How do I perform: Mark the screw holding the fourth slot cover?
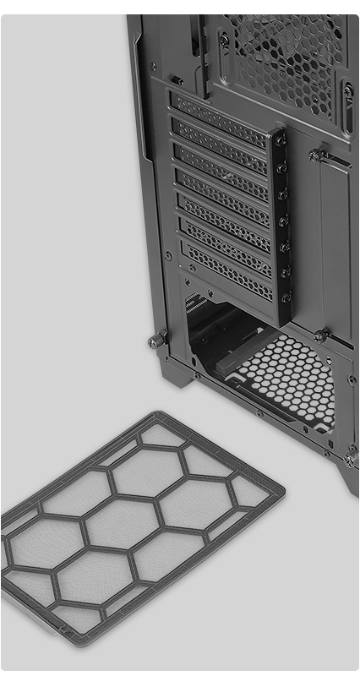(x=283, y=220)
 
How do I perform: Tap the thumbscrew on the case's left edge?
(x=156, y=340)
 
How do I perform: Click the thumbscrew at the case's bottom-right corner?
(x=350, y=459)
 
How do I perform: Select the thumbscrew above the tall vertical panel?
(x=318, y=155)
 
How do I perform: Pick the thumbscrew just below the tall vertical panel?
(x=321, y=335)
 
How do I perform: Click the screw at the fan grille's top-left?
(x=223, y=39)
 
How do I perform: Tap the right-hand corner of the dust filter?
(x=281, y=490)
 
